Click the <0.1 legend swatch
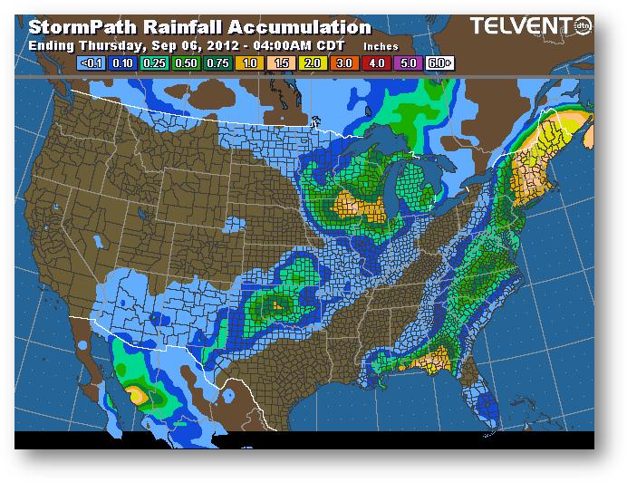(91, 64)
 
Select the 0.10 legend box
(121, 64)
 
